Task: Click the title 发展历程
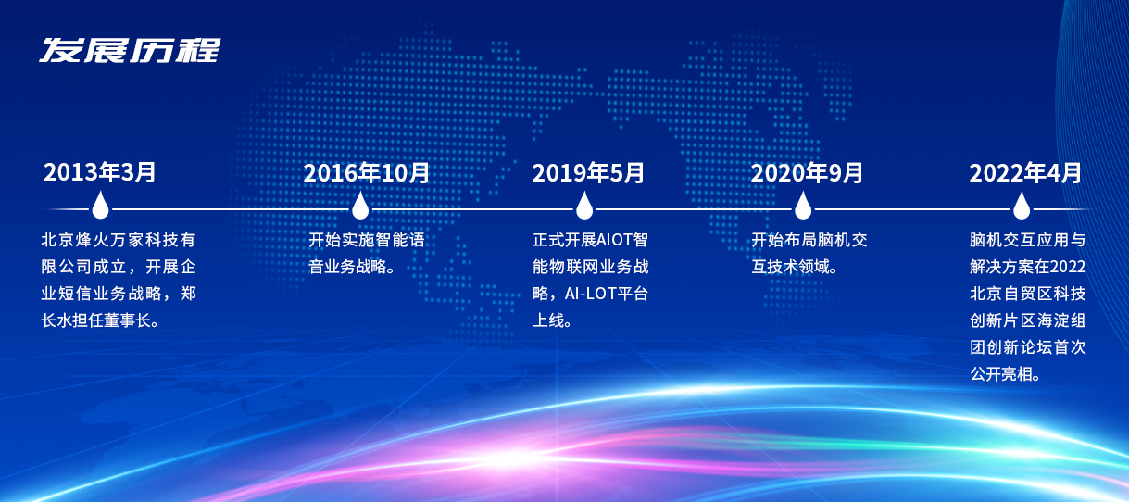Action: tap(130, 50)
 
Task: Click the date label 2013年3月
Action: tap(100, 172)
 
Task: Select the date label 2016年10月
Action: tap(367, 173)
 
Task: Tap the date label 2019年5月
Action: tap(588, 173)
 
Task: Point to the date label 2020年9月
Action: tap(807, 173)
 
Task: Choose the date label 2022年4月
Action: tap(1025, 173)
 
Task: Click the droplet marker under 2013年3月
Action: tap(100, 205)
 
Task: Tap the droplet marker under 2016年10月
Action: tap(360, 205)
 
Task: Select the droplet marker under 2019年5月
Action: tap(584, 205)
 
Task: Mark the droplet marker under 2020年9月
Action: tap(803, 205)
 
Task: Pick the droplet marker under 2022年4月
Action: tap(1022, 205)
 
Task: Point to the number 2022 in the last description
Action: tap(1069, 267)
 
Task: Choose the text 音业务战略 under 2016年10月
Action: tap(346, 267)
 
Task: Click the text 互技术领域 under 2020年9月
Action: tap(789, 267)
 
